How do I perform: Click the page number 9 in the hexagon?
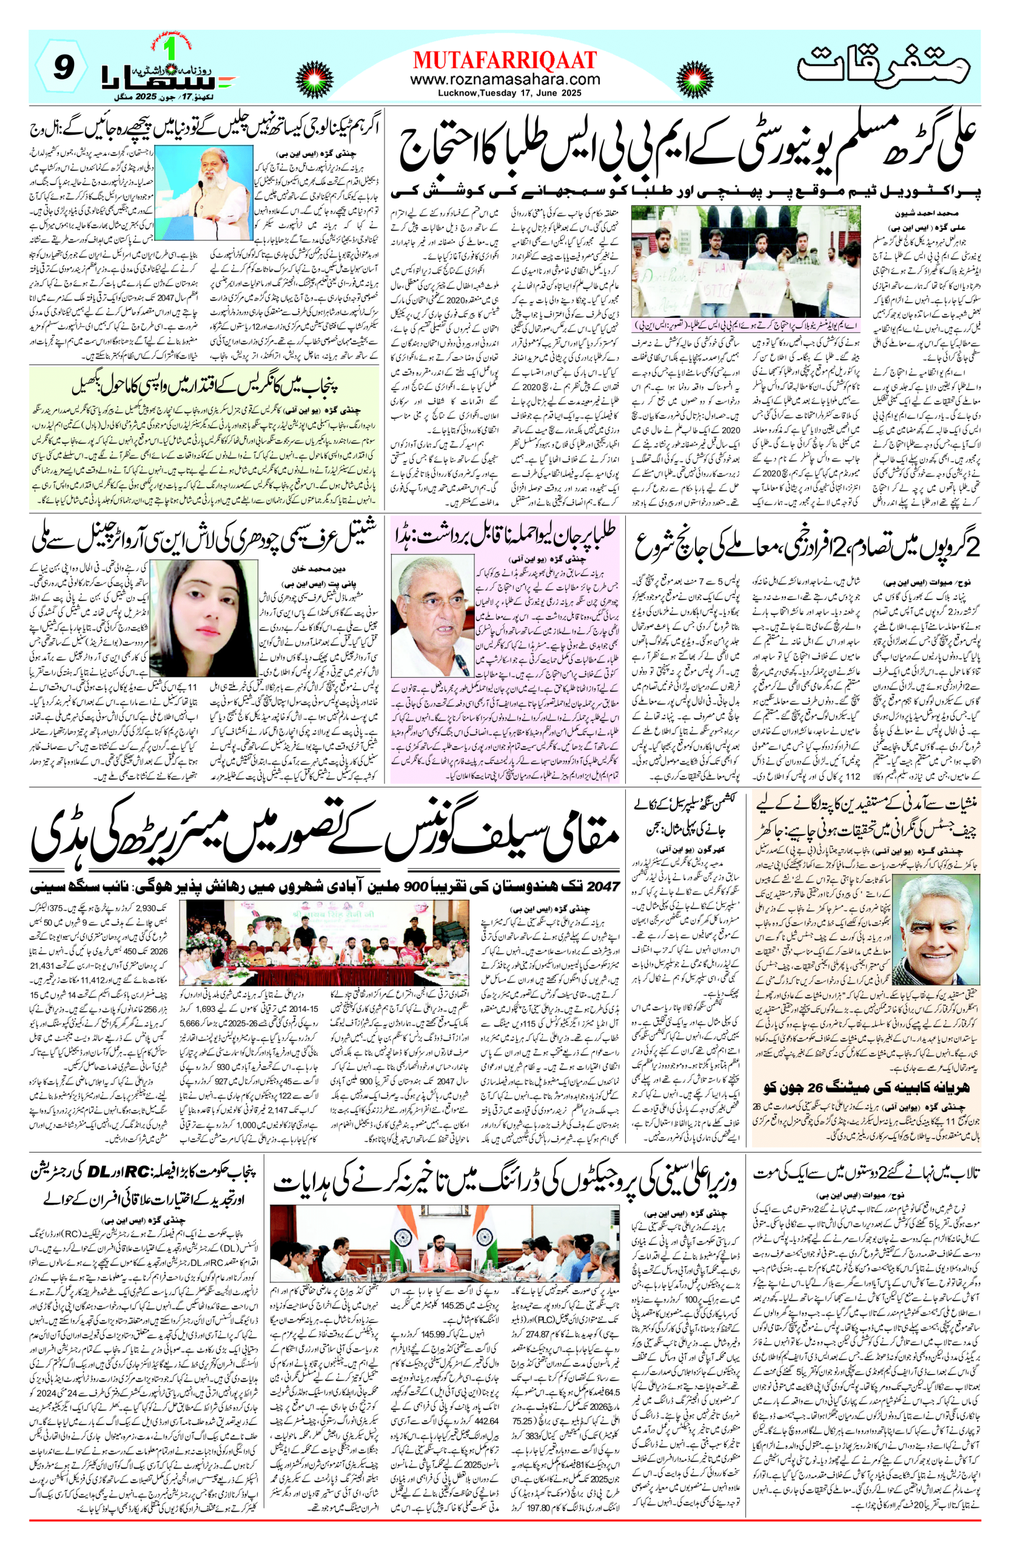click(x=62, y=67)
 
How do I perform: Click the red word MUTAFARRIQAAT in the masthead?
click(x=505, y=61)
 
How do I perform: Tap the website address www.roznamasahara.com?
click(x=505, y=79)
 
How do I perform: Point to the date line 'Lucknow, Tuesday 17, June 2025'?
click(x=505, y=93)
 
